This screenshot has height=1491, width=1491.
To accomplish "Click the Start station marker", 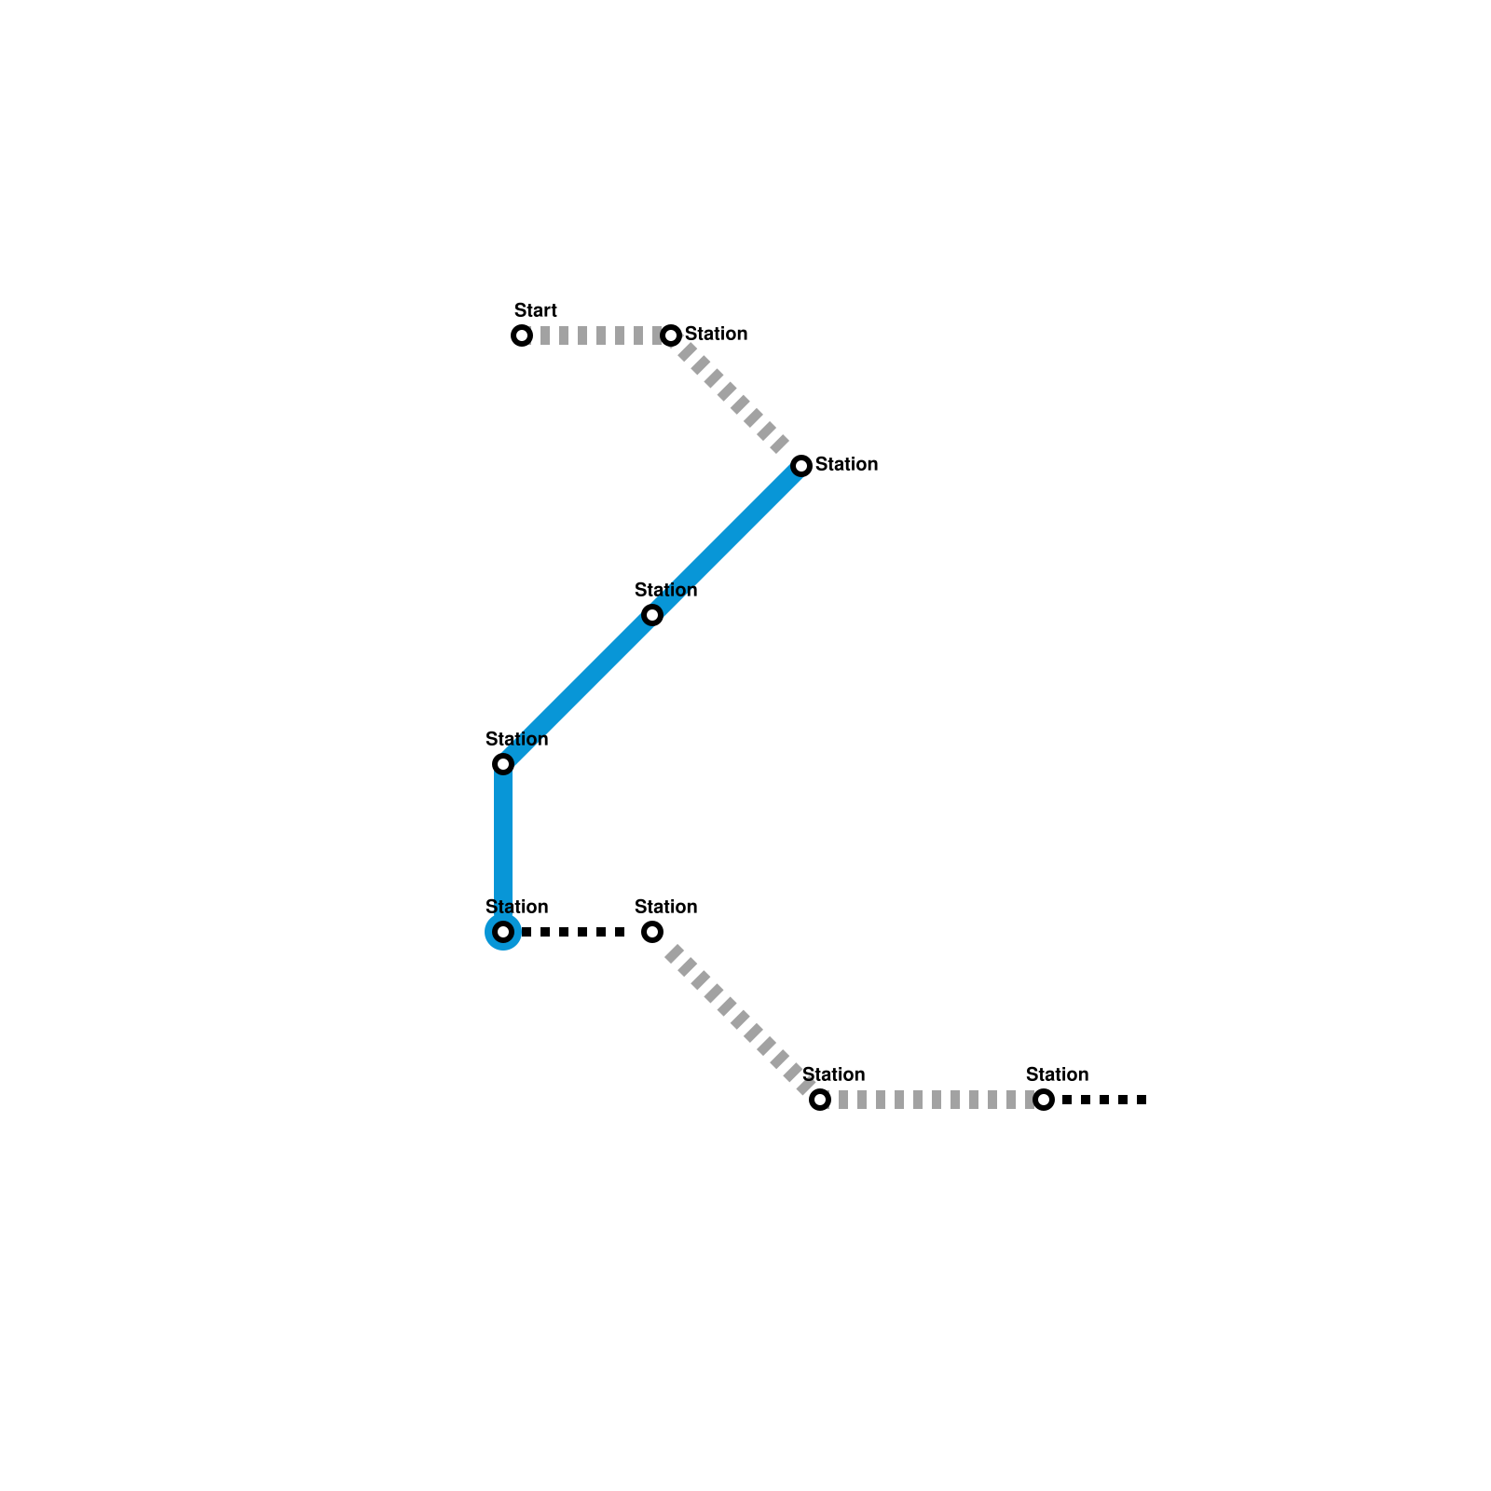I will (x=522, y=335).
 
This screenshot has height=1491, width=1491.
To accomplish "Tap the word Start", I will (x=535, y=310).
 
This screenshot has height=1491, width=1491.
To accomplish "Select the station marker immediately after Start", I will (x=671, y=335).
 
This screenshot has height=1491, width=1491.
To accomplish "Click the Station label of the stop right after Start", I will (x=716, y=334).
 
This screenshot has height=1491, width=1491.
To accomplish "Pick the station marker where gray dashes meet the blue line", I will (x=801, y=466).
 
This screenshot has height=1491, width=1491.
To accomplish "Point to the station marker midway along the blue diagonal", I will (x=652, y=615).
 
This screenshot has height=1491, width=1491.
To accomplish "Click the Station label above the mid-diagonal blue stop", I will (x=665, y=590).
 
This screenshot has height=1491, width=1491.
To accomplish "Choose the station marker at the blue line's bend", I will (x=503, y=764).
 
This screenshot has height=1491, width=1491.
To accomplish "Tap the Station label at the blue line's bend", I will (x=516, y=739).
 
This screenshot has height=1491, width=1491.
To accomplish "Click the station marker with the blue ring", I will (x=503, y=932).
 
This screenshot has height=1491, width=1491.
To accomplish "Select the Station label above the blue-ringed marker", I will (x=516, y=907).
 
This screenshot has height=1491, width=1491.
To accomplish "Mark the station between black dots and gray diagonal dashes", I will (x=652, y=932).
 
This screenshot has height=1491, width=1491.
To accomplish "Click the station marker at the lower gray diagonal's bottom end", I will (x=820, y=1100).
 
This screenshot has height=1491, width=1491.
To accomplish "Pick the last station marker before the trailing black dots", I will (x=1044, y=1100).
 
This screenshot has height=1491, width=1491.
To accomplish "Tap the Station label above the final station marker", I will (x=1057, y=1074).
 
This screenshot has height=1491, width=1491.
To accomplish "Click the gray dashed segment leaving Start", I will (x=596, y=335).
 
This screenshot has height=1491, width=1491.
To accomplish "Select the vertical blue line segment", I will (x=503, y=848).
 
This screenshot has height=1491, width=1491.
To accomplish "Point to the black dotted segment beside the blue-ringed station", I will (x=578, y=932).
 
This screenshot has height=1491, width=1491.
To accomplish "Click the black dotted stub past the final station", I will (x=1104, y=1100).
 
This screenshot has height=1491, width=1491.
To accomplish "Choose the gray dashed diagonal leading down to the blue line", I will (x=736, y=401).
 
